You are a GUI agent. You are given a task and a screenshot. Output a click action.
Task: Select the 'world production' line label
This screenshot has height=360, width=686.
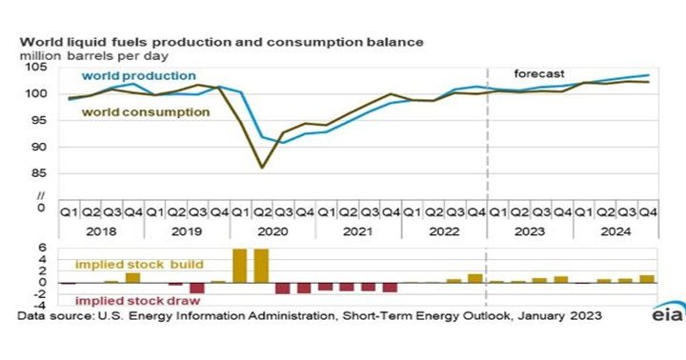coord(138,75)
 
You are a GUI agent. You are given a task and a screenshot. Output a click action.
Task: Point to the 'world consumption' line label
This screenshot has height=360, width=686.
coord(145,111)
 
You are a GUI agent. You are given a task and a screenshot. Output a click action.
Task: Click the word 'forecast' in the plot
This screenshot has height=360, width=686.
coord(539,73)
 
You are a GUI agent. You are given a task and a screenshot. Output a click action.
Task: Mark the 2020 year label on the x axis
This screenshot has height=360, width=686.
coord(272,230)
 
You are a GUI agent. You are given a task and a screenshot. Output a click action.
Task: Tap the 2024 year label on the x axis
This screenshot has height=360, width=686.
coord(615,230)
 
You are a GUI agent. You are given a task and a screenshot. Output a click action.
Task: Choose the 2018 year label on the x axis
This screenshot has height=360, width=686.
coord(100,230)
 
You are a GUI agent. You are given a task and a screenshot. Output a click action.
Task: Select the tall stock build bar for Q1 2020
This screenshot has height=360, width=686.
coord(240,266)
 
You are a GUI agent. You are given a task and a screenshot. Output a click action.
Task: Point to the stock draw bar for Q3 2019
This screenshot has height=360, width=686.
coord(197,288)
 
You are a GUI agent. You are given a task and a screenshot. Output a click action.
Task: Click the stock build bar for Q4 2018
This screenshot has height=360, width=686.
coord(132,277)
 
